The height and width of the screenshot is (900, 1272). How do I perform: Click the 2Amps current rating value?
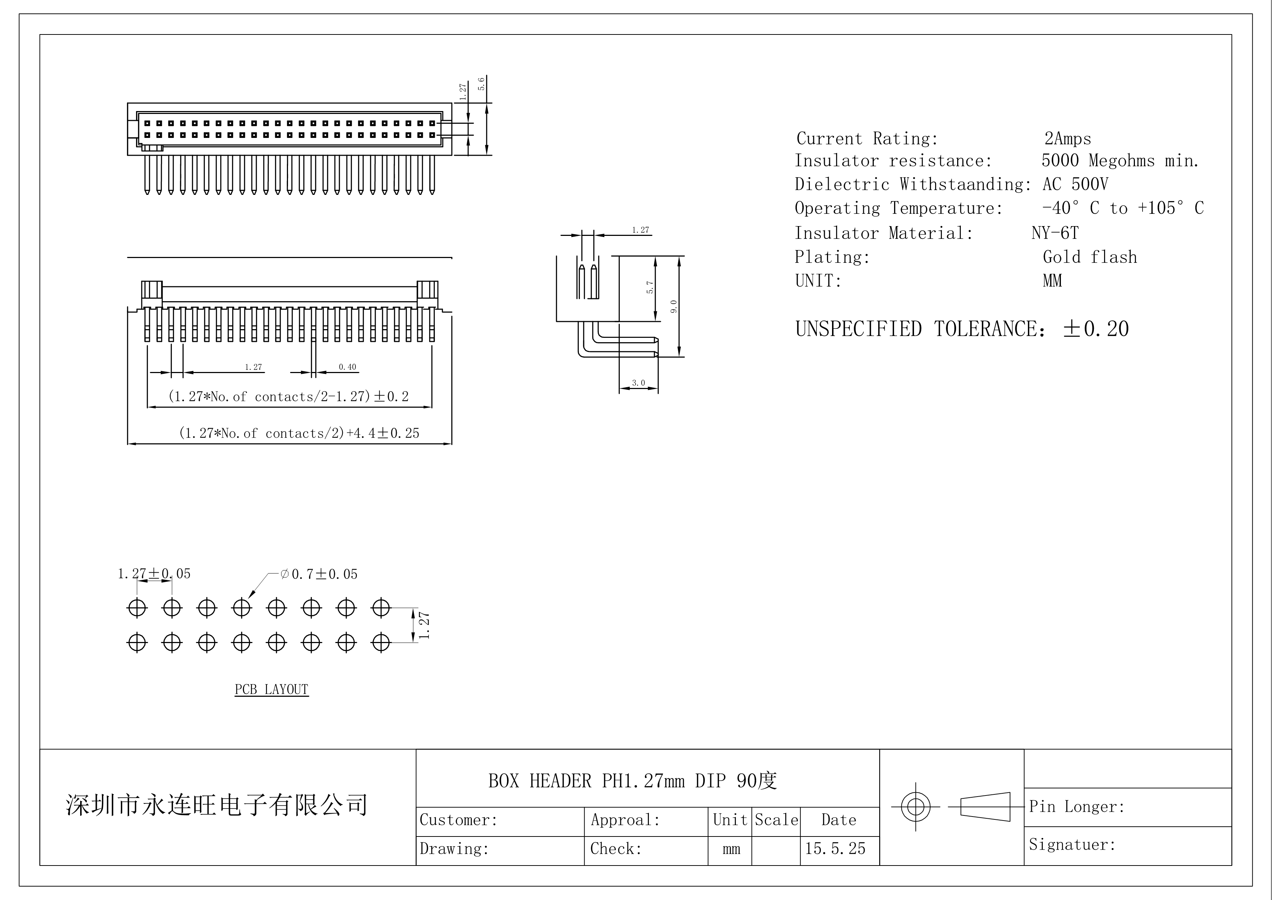point(1067,139)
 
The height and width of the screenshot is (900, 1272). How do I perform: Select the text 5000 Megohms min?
point(1120,161)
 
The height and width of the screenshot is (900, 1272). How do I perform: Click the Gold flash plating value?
point(1089,257)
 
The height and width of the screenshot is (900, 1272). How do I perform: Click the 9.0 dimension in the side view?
point(674,306)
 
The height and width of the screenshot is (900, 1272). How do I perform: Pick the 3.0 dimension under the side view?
point(638,383)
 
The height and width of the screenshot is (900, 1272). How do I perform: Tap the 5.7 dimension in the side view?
point(650,287)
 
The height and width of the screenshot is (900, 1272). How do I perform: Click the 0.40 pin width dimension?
point(347,367)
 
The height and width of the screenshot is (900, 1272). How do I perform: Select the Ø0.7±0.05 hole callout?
point(319,574)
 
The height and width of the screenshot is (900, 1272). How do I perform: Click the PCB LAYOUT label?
point(271,690)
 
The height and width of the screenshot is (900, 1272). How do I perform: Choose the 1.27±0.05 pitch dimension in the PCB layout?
point(154,574)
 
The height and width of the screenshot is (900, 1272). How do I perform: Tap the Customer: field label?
point(459,820)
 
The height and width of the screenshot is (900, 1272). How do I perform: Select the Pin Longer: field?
point(1077,807)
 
